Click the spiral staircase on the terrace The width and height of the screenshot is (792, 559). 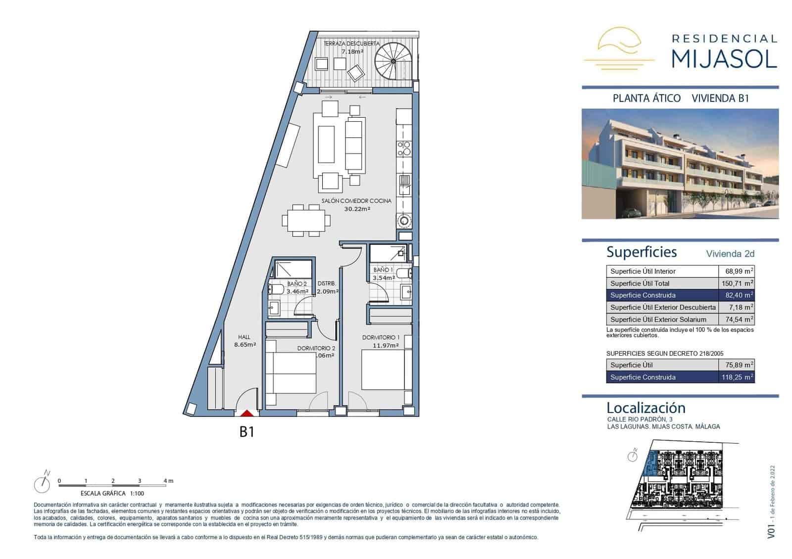click(x=393, y=61)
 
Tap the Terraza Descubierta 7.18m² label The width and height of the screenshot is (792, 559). click(x=351, y=47)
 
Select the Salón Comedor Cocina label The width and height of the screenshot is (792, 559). click(x=356, y=205)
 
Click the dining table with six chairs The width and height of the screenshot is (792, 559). click(x=306, y=220)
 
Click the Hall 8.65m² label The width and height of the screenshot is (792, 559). click(x=245, y=341)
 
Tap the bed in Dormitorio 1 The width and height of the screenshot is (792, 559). click(x=383, y=370)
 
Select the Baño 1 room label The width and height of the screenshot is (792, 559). click(x=383, y=274)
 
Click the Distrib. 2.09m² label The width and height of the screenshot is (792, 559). click(x=327, y=287)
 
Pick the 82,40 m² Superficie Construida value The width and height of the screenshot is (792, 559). click(x=736, y=295)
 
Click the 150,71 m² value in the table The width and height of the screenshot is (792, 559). click(x=736, y=283)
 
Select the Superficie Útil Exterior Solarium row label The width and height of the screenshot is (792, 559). click(x=658, y=320)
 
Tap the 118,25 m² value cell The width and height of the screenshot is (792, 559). click(x=736, y=377)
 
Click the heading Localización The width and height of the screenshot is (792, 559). click(x=646, y=408)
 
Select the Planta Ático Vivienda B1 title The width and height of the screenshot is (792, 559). click(x=681, y=98)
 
